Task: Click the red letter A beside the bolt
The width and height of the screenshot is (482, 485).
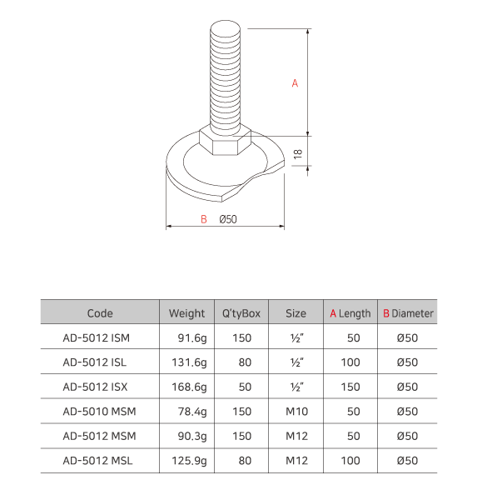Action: [x=295, y=83]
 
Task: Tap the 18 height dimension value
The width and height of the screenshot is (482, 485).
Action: [x=297, y=153]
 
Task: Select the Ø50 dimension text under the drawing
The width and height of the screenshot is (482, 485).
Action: [x=228, y=219]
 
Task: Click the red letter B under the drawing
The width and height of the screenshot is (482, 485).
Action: [x=203, y=219]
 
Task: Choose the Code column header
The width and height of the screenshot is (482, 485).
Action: [x=100, y=313]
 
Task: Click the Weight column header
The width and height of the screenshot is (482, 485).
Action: [x=186, y=313]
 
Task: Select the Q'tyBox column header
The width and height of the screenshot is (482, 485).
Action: [x=241, y=313]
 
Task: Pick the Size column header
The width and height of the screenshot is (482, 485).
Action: [x=296, y=313]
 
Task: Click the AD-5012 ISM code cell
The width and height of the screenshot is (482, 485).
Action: [x=97, y=338]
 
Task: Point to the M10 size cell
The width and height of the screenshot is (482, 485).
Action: [x=296, y=411]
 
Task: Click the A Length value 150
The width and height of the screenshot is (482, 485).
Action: [x=350, y=387]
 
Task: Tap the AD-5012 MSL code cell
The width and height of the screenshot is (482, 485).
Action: [x=97, y=459]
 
